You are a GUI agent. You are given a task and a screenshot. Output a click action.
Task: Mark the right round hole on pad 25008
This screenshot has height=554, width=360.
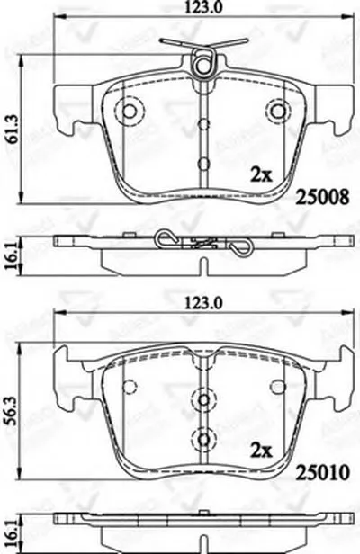pos(278,112)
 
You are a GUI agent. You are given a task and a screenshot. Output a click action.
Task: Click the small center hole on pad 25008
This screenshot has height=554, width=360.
pos(205,164)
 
